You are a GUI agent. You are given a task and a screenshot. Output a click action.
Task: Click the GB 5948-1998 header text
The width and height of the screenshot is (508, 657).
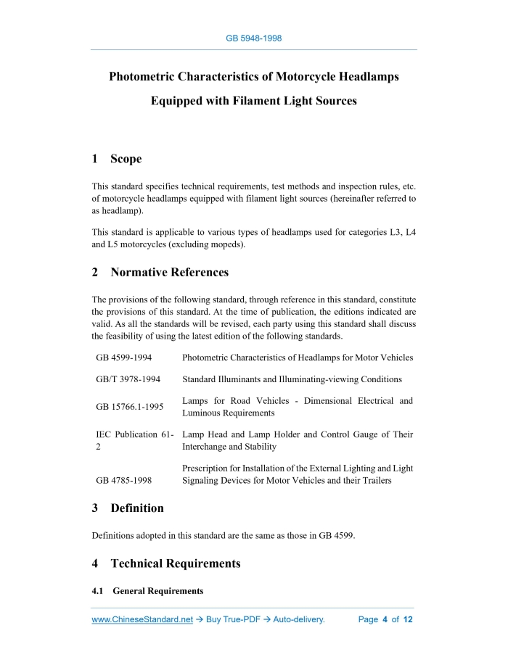point(254,38)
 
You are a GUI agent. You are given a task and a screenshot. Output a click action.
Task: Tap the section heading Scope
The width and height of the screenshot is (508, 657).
point(126,159)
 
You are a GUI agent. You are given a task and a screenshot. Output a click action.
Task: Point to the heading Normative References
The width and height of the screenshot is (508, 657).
point(169,273)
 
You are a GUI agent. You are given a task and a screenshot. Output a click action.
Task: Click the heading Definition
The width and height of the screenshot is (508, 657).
point(137,508)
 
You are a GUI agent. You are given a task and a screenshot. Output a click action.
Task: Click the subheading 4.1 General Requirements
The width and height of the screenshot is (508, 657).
point(147,591)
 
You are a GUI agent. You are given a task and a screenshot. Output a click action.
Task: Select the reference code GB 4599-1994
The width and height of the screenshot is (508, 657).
point(123,358)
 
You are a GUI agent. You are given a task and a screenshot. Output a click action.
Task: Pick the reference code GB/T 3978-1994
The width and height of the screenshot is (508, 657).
point(128,379)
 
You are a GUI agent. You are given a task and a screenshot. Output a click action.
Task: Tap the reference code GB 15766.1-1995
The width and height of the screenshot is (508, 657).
point(131,407)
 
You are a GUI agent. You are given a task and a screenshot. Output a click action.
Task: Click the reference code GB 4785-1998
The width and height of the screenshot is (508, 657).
point(123,480)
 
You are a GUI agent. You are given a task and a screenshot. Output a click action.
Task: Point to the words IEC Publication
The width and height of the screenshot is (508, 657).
point(126,434)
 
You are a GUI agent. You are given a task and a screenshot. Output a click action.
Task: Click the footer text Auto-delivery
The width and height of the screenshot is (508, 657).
point(298,620)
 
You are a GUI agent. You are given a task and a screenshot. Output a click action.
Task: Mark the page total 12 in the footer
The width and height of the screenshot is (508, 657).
point(408,620)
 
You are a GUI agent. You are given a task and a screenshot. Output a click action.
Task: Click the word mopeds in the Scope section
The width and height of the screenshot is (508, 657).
point(226,244)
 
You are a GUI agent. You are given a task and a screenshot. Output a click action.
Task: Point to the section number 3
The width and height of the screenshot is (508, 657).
point(95,508)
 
